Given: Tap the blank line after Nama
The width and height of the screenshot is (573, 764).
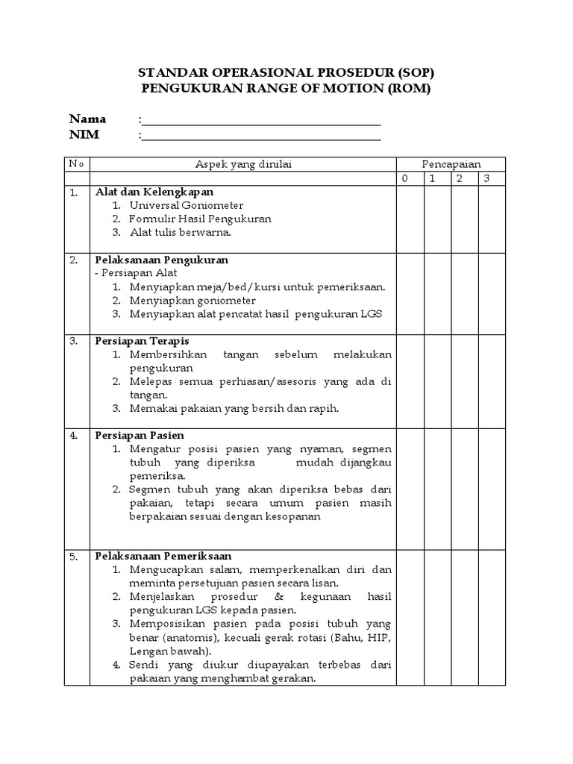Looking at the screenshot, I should pyautogui.click(x=261, y=120).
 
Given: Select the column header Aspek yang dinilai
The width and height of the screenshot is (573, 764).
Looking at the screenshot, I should pyautogui.click(x=242, y=164).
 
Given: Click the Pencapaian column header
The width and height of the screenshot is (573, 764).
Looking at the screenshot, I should pyautogui.click(x=451, y=164).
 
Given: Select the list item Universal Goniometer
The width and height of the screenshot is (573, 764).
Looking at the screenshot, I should pyautogui.click(x=186, y=205).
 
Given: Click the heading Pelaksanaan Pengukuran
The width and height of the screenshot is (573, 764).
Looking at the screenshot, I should pyautogui.click(x=161, y=260).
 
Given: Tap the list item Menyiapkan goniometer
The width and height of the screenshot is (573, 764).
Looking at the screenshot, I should pyautogui.click(x=192, y=301).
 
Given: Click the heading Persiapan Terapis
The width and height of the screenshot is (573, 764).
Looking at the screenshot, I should pyautogui.click(x=142, y=341).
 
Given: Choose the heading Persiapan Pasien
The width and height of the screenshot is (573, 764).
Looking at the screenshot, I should pyautogui.click(x=140, y=435).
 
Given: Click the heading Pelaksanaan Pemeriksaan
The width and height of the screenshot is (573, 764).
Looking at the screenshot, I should pyautogui.click(x=163, y=556).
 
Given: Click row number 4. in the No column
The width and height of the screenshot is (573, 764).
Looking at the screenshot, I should pyautogui.click(x=74, y=435).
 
